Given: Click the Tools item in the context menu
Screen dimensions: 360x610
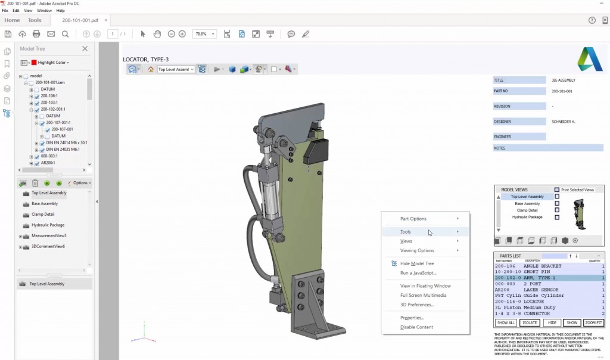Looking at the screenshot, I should [406, 232].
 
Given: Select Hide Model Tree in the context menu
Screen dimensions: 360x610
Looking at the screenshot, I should [416, 263].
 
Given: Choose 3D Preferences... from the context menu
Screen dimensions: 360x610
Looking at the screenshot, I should [417, 305].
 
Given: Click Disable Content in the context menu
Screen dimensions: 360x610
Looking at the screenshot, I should [416, 327].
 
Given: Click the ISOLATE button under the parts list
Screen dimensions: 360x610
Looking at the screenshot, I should [530, 322].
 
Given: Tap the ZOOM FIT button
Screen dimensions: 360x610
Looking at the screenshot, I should [593, 322].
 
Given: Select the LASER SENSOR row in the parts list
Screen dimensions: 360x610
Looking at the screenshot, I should [548, 289].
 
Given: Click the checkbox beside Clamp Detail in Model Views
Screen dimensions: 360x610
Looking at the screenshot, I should [557, 210].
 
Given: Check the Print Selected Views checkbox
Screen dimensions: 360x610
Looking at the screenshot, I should [557, 190].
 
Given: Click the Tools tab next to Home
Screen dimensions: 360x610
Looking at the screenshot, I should [35, 20].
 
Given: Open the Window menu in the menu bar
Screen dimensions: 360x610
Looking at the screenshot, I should [44, 11].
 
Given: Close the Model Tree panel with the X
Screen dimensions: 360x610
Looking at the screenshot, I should [85, 49].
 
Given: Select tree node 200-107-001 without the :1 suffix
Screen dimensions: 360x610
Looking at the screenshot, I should [62, 129].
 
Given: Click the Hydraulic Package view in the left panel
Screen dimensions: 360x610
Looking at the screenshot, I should [48, 225].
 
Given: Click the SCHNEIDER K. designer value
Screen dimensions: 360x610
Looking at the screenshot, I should [564, 122].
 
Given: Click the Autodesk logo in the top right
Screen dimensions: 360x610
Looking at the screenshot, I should [590, 60].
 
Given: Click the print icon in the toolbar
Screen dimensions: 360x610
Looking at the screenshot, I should [36, 35].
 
